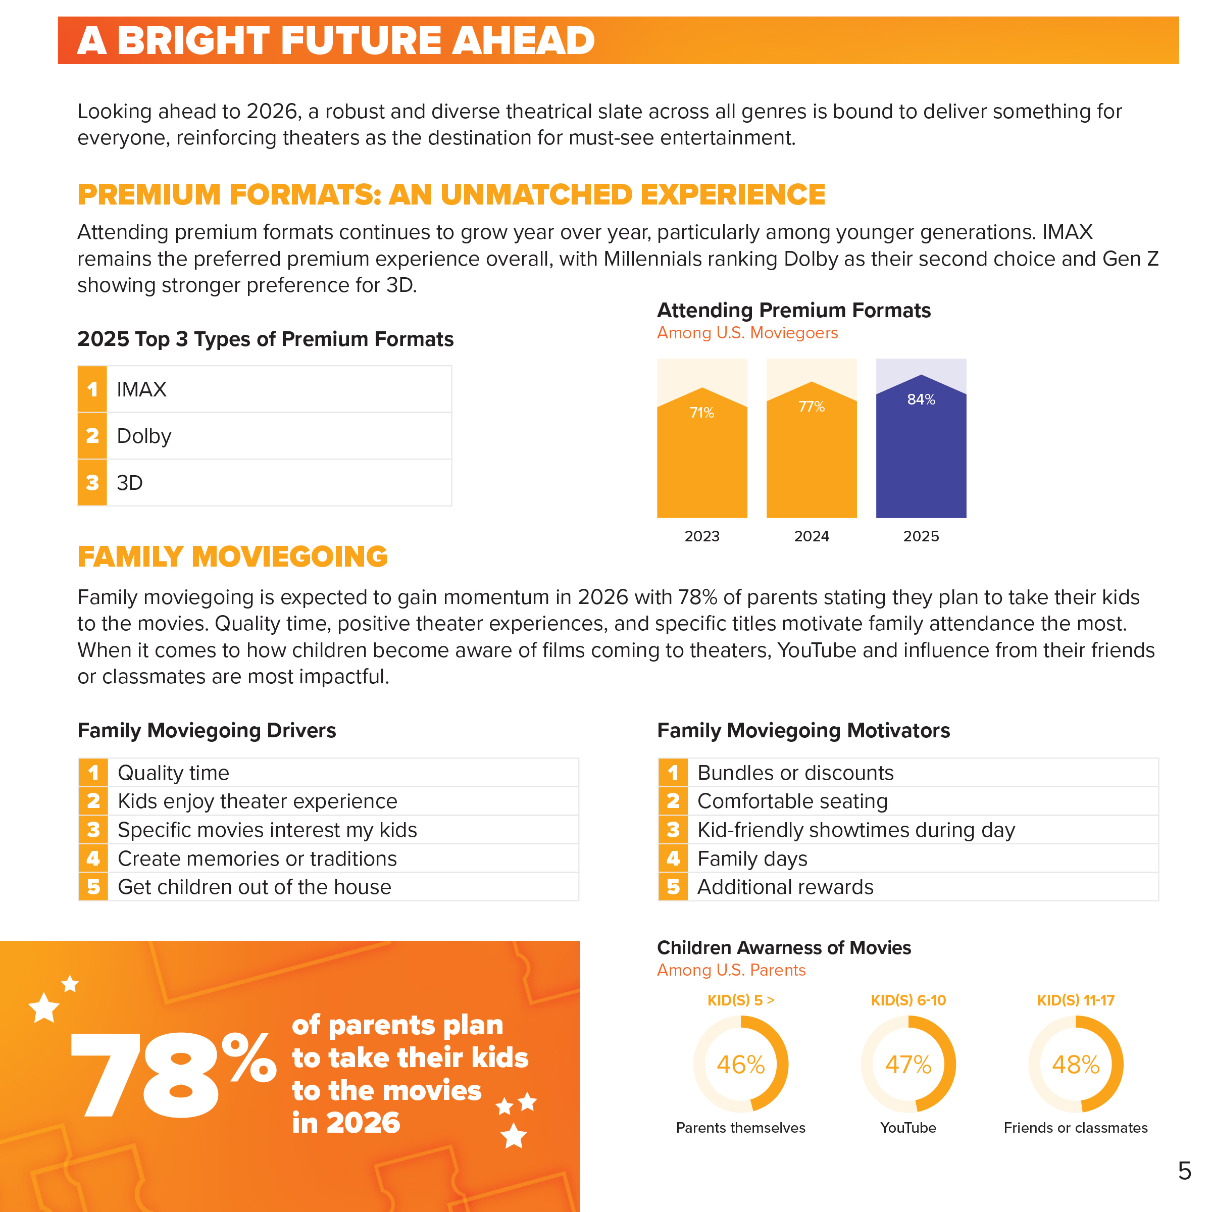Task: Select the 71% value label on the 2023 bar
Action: tap(702, 412)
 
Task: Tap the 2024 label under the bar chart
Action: tap(811, 536)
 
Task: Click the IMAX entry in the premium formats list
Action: tap(142, 389)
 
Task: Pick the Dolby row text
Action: tap(144, 436)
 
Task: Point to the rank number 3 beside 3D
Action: tap(92, 482)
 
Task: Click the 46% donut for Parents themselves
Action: tap(740, 1065)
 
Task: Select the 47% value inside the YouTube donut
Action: tap(908, 1065)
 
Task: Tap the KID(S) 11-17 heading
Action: tap(1075, 1000)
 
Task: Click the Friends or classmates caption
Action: tap(1075, 1127)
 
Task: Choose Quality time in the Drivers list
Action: tap(173, 773)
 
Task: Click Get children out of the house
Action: tap(254, 887)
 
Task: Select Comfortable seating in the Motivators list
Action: tap(792, 801)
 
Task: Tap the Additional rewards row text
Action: tap(785, 887)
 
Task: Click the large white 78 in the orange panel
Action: tap(145, 1075)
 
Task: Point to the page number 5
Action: tap(1184, 1171)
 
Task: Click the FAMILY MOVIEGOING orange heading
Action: tap(232, 557)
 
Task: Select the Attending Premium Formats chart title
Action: tap(793, 311)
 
